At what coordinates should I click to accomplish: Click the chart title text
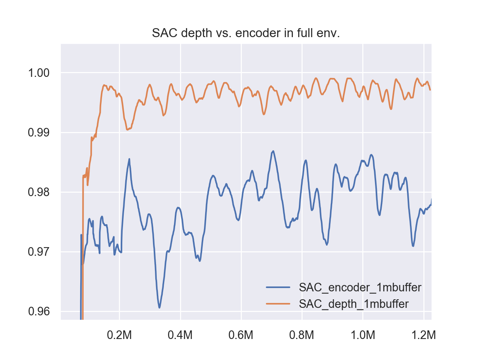246,33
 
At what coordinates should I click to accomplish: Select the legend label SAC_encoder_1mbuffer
360,288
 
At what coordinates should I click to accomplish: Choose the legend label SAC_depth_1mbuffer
354,304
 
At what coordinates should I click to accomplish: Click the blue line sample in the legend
278,288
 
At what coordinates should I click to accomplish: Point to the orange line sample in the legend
278,304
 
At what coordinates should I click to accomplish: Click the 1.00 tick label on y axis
39,73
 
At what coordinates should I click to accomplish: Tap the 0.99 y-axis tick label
39,132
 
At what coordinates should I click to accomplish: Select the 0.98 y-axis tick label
39,192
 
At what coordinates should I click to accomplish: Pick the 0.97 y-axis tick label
39,252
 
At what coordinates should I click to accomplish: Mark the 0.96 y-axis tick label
39,311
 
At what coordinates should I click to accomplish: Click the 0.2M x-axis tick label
119,335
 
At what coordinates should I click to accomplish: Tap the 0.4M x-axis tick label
180,335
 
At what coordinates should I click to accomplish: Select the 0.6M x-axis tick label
241,335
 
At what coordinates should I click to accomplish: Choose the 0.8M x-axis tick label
302,335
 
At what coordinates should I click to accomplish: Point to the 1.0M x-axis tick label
363,335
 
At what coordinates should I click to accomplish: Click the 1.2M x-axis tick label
424,335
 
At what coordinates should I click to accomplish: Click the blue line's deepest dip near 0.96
159,307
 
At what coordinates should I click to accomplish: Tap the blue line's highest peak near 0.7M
273,151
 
